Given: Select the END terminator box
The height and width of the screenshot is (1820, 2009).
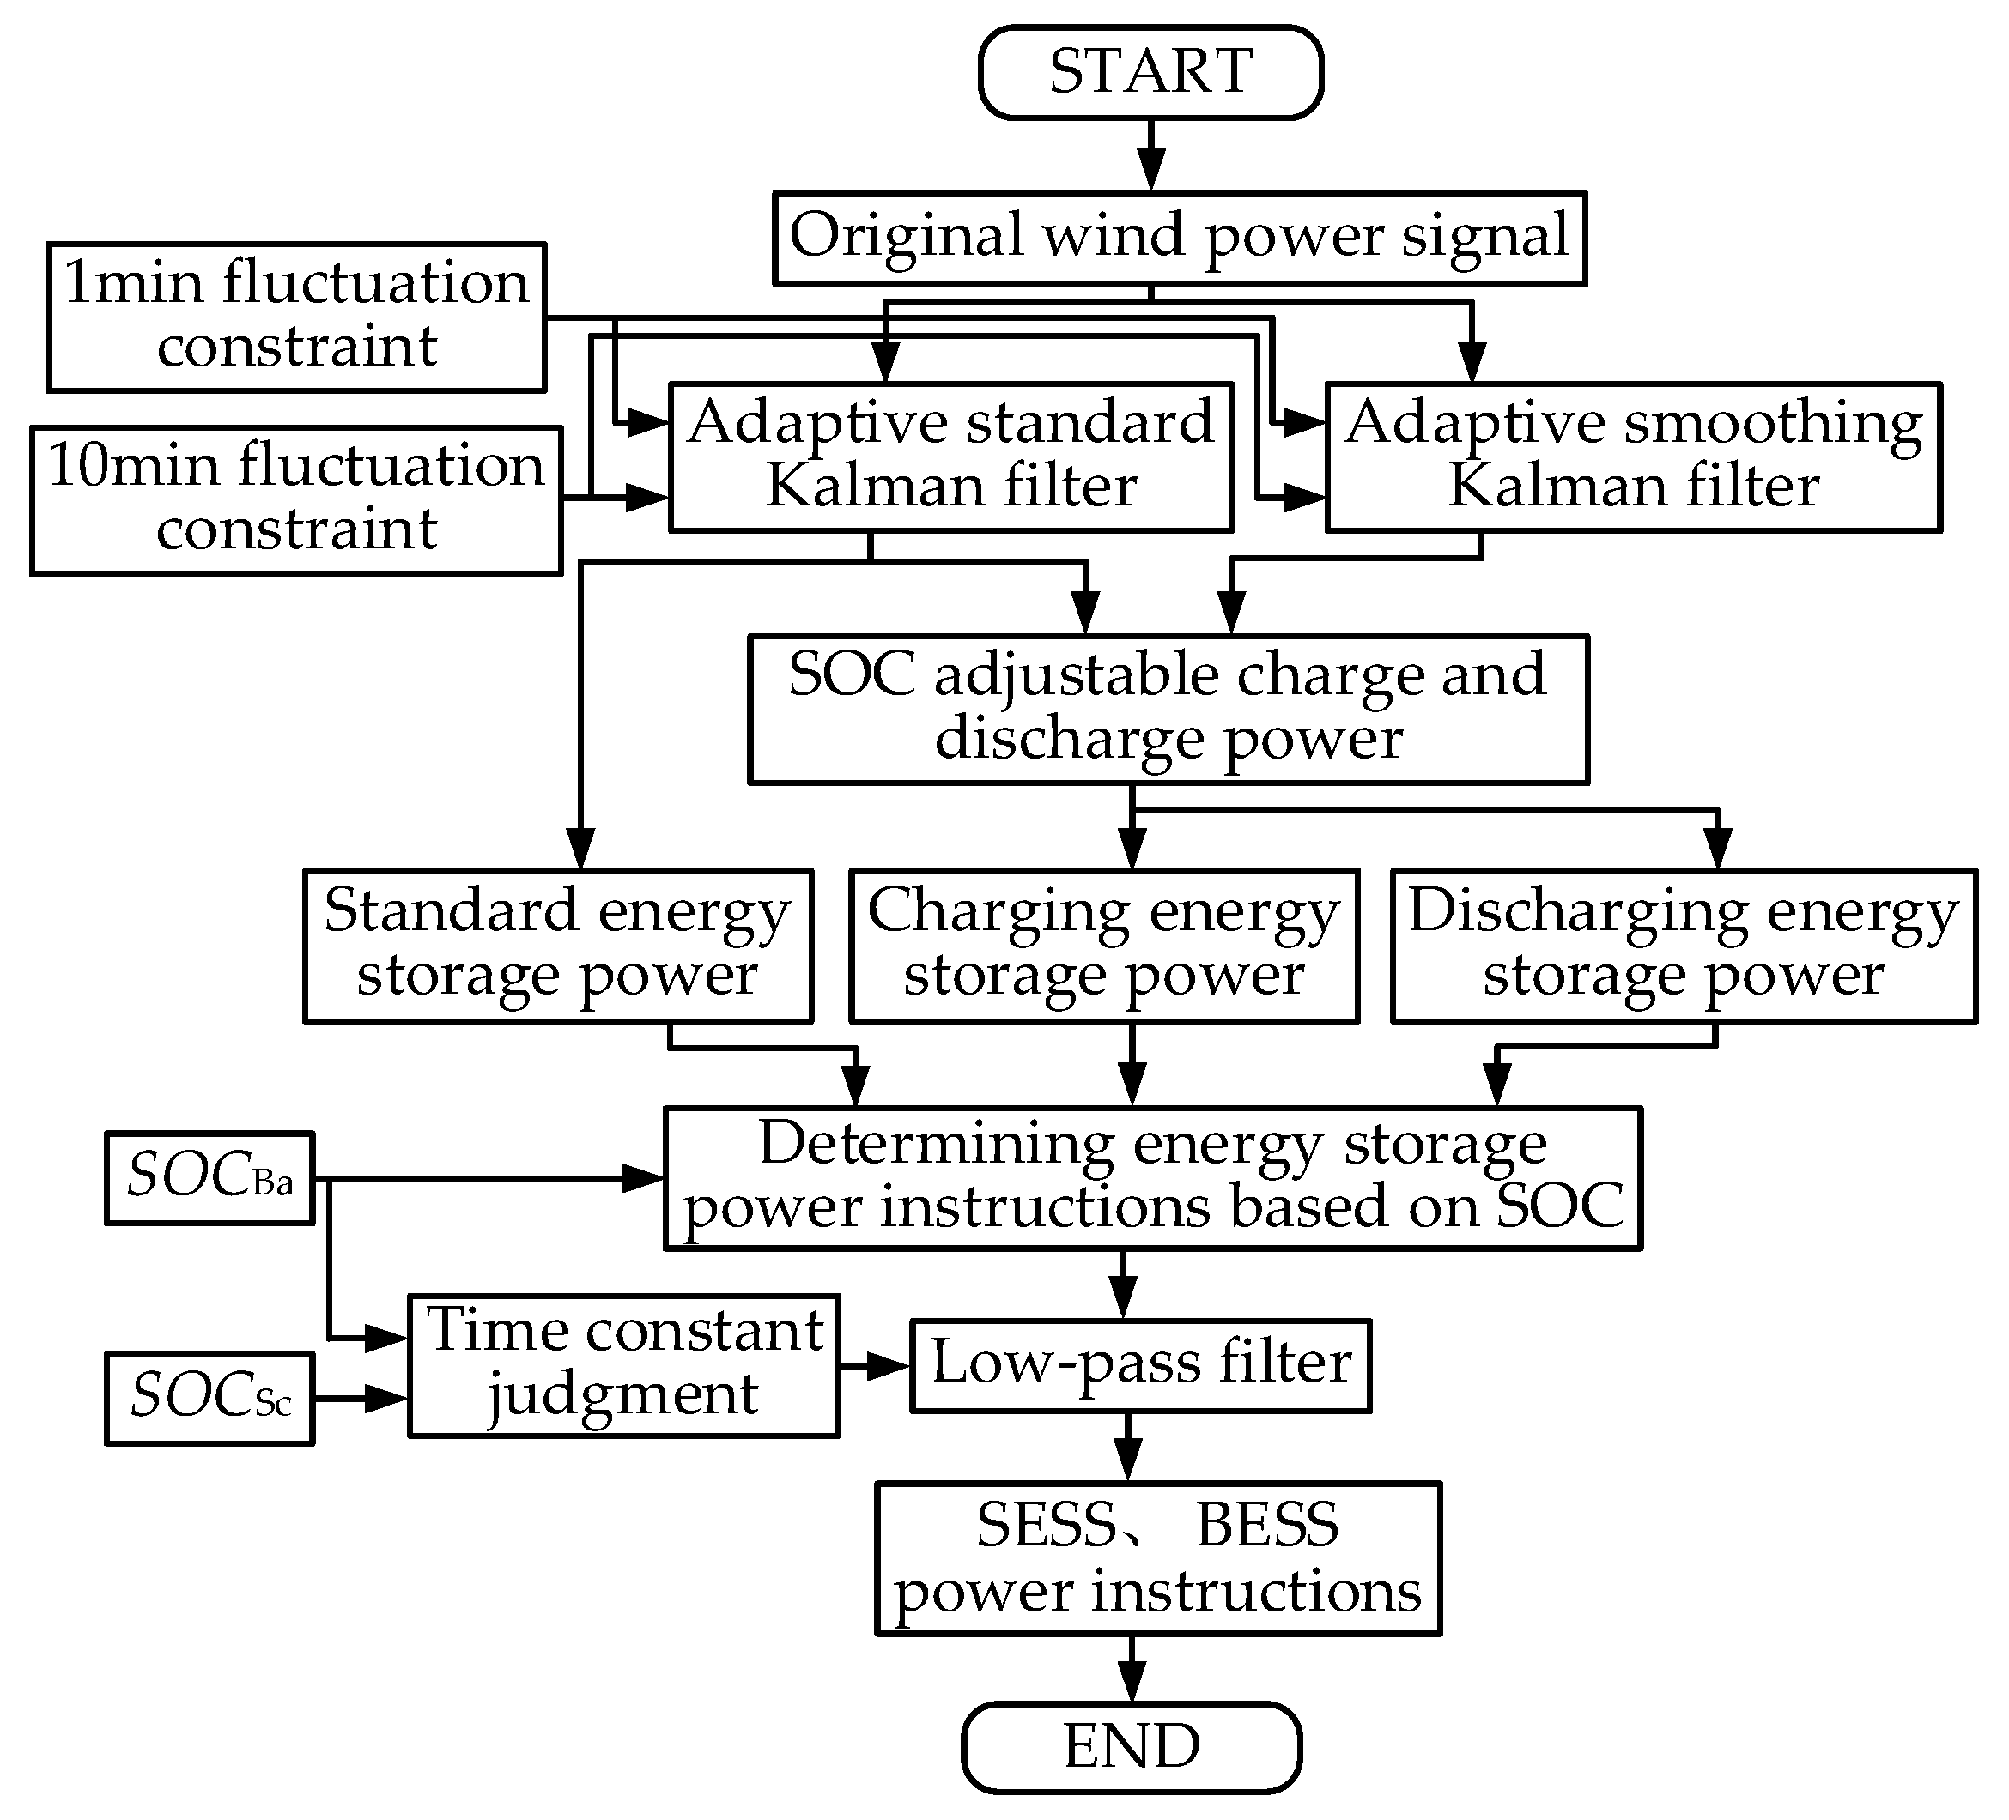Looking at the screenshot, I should coord(1131,1746).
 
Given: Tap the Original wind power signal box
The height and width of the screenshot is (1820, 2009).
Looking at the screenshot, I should coord(1179,238).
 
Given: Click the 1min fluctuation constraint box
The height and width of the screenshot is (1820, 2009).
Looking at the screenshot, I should coord(296,316).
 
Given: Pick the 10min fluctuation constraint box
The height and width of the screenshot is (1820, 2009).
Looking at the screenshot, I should coord(296,500).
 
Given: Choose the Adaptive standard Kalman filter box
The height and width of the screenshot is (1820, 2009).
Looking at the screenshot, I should coord(950,457).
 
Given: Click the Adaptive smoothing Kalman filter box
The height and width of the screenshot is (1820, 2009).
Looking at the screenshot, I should coord(1632,457).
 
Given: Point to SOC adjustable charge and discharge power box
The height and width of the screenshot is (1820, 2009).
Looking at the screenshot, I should coord(1168,708).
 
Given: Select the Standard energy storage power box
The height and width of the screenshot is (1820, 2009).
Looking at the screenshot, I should coord(558,945).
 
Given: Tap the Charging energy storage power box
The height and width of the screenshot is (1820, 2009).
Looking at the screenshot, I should coord(1103,945).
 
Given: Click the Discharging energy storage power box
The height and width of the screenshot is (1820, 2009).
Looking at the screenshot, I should coord(1683,945).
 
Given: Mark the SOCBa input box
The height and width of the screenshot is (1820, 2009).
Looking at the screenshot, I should coord(209,1176).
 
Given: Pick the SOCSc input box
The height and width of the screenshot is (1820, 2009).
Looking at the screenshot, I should coord(209,1397).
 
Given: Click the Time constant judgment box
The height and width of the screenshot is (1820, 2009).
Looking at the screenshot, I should coord(624,1363).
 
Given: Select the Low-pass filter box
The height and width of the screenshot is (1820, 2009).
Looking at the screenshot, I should coord(1140,1364).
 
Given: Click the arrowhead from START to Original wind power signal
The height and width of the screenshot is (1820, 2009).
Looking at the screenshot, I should coord(1151,172).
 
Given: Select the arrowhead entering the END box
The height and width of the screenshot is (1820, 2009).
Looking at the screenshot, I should coord(1131,1683).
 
